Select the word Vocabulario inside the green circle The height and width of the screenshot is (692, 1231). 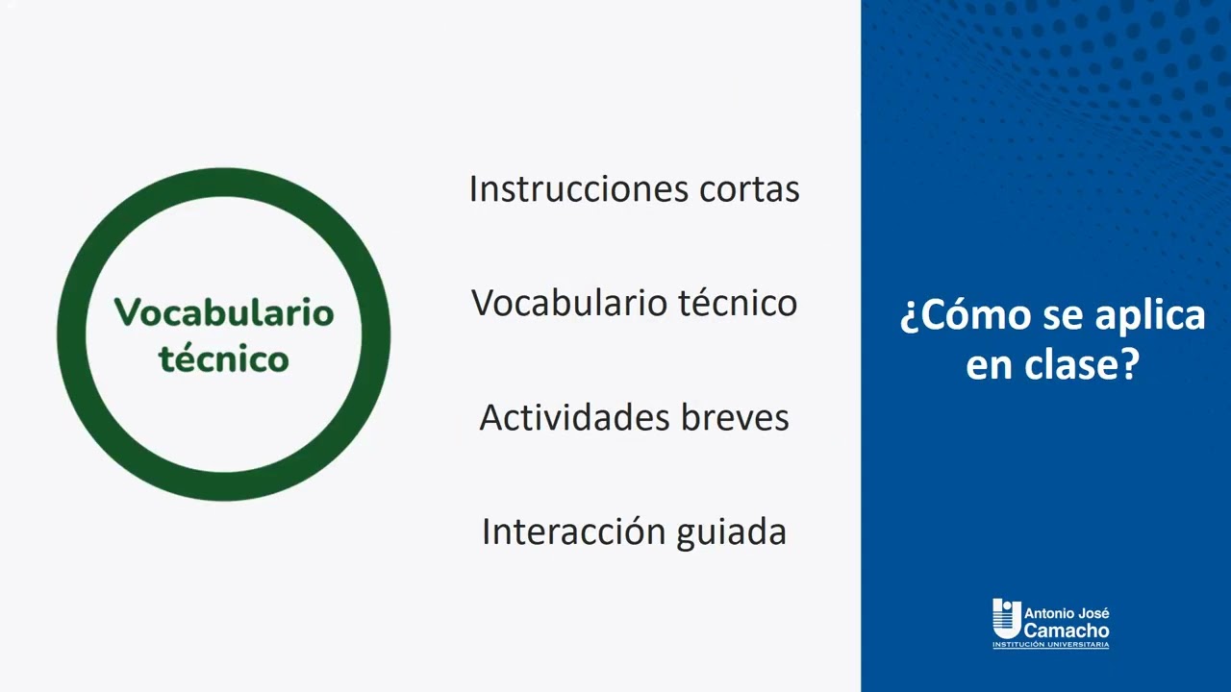224,312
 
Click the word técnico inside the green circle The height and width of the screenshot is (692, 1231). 224,359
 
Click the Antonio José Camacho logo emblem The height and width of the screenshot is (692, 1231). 1006,618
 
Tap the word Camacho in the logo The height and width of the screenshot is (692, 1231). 1067,630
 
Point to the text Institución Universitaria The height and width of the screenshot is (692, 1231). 1050,646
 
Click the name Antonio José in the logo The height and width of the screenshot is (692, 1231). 1067,613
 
